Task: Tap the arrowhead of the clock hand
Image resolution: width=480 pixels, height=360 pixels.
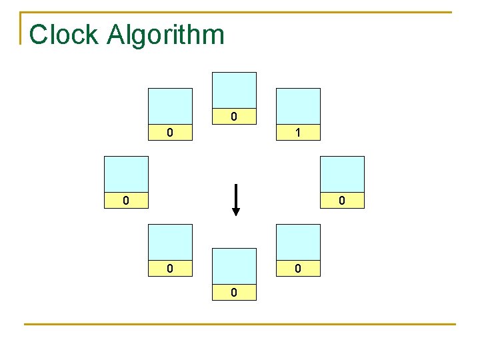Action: click(235, 211)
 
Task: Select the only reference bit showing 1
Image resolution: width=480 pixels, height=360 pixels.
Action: click(298, 133)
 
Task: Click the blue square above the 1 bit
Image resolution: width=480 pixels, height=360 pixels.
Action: click(298, 106)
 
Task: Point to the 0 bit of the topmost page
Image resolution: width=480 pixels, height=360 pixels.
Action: click(233, 117)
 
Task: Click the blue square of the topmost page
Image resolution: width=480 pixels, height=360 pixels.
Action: click(233, 90)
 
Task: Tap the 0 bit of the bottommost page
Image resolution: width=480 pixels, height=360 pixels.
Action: click(233, 293)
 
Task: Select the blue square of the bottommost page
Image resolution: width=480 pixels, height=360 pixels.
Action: click(233, 266)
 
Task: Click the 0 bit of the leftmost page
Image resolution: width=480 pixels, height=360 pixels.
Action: click(126, 201)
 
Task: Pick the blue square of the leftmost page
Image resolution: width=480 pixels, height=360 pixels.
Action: click(126, 174)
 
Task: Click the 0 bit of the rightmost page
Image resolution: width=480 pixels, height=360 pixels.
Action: click(342, 201)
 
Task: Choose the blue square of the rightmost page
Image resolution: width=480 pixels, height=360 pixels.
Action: click(342, 174)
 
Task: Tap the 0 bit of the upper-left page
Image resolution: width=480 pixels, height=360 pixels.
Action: click(170, 133)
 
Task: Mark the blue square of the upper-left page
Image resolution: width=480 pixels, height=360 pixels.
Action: click(170, 106)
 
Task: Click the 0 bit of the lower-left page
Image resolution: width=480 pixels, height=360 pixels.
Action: click(170, 269)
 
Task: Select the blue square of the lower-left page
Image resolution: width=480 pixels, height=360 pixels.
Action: click(170, 242)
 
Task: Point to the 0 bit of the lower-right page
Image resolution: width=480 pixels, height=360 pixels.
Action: click(298, 269)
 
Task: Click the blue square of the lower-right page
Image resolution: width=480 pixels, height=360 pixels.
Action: click(298, 242)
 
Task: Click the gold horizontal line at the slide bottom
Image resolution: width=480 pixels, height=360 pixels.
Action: click(240, 325)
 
